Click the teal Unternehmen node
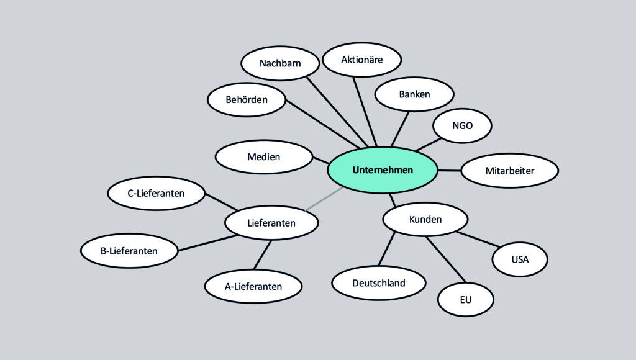[x=382, y=170]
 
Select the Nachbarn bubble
[x=280, y=63]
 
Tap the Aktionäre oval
[x=362, y=60]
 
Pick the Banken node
[x=414, y=94]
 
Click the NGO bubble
[x=462, y=125]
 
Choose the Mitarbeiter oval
[x=509, y=171]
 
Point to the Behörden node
[x=247, y=99]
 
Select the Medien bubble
[x=264, y=157]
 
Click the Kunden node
[x=425, y=219]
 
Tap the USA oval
[x=520, y=259]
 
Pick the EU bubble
[x=466, y=300]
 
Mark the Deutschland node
[x=379, y=283]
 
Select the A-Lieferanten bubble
[x=253, y=286]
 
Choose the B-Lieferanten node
[x=129, y=251]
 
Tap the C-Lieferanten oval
[x=157, y=193]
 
